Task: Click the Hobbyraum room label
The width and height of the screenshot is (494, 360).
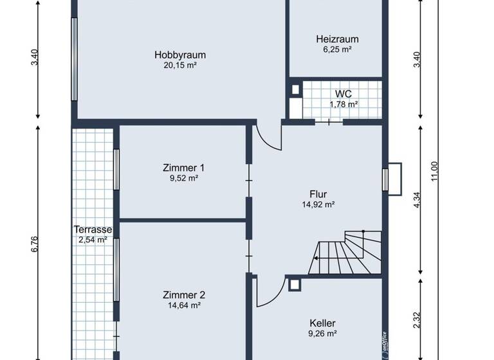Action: pos(179,55)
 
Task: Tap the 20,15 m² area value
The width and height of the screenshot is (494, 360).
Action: pos(179,65)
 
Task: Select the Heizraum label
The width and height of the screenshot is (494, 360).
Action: pos(337,39)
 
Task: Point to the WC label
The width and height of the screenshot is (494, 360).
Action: pos(343,94)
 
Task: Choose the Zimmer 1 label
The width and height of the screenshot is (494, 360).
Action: pos(183,168)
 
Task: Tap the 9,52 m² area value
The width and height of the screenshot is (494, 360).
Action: pos(183,178)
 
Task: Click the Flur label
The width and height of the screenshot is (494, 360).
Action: pos(318,194)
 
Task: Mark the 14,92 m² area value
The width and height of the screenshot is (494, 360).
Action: pos(318,204)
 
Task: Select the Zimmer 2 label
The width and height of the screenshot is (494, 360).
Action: pos(183,295)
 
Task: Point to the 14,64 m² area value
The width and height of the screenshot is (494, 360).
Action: pos(183,305)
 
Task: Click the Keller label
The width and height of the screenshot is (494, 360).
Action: pos(322,323)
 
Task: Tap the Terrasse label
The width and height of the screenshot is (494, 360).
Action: pos(93,230)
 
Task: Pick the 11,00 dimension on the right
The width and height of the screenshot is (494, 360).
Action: pos(434,170)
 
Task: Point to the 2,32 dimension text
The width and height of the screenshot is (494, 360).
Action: pos(417,320)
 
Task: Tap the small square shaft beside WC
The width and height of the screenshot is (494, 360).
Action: pos(295,89)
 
